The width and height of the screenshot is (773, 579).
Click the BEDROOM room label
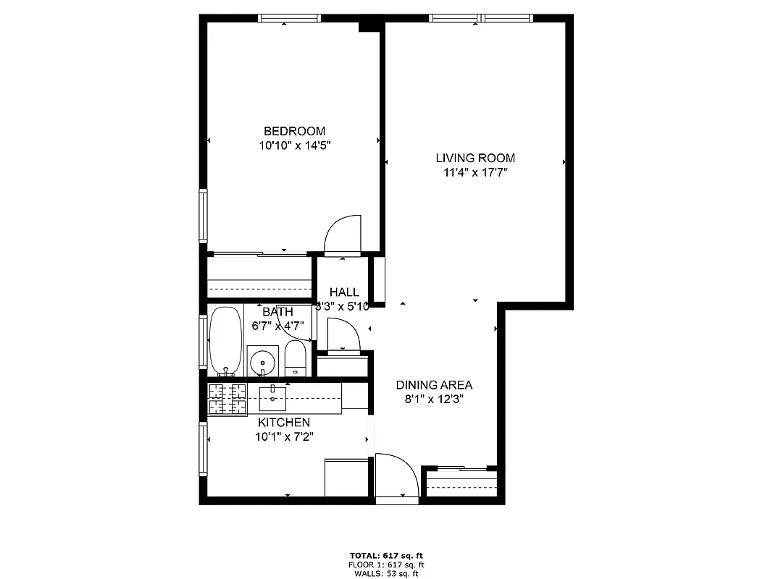tap(294, 131)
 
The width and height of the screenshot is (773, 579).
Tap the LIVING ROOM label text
tap(475, 158)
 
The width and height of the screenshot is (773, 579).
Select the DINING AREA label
tap(434, 385)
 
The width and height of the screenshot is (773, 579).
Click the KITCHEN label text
tap(284, 423)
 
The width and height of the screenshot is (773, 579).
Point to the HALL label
tap(344, 292)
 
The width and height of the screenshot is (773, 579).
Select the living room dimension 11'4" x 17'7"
tap(475, 172)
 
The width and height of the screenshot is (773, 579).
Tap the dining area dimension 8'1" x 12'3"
tap(434, 399)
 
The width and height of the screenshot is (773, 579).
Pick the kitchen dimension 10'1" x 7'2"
tap(284, 436)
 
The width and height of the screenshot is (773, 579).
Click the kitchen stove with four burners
tap(227, 400)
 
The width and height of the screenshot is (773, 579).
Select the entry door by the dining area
tap(396, 478)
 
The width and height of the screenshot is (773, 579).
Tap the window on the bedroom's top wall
tap(290, 18)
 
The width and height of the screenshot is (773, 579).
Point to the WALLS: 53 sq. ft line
tap(385, 573)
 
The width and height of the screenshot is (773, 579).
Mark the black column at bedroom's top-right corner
tap(370, 24)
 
